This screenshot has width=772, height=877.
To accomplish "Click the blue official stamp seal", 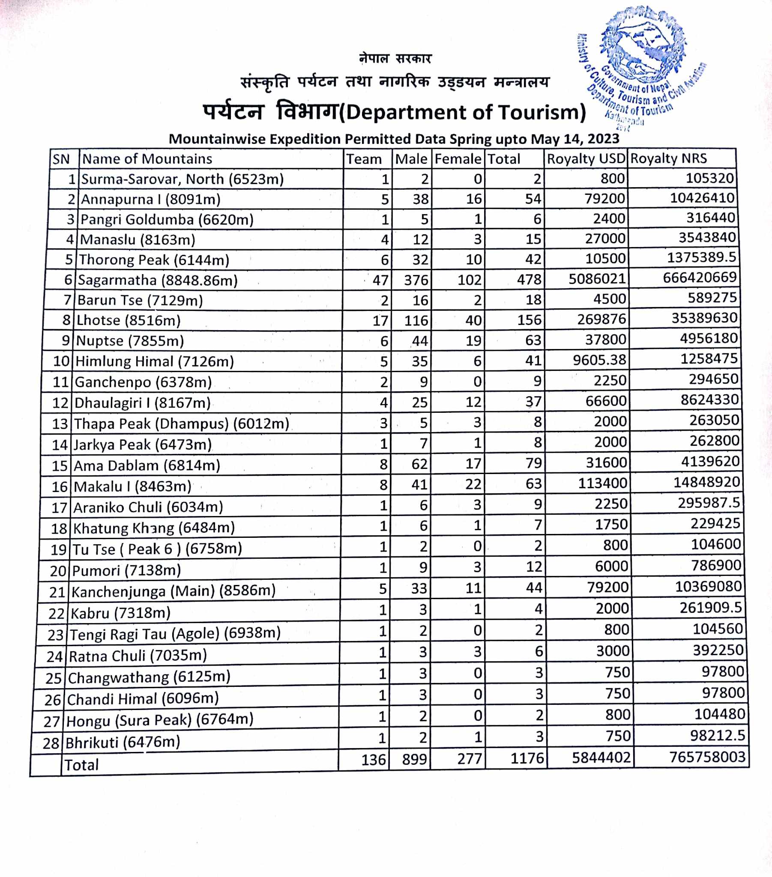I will [x=642, y=64].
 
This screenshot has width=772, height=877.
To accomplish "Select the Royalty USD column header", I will [x=586, y=159].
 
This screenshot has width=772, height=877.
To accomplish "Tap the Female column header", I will [x=458, y=159].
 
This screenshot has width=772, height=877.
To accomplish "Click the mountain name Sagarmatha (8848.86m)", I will [x=158, y=280].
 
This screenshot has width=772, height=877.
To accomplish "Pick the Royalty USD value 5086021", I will [x=597, y=279].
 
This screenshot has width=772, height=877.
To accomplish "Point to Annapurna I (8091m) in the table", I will [x=151, y=199].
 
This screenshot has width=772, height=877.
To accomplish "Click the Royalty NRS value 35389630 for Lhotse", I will [x=704, y=318].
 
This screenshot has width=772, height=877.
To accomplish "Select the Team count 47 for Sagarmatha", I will [x=380, y=280].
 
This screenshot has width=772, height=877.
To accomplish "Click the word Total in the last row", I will [x=81, y=764].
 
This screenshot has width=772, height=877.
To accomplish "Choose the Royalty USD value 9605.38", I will [x=599, y=360].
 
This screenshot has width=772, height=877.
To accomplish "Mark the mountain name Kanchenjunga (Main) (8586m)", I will [x=174, y=591].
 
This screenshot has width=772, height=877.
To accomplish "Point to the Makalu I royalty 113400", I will [x=602, y=483].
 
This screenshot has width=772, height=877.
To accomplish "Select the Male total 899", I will [x=414, y=759].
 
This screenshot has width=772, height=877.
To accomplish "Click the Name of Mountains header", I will [x=147, y=159].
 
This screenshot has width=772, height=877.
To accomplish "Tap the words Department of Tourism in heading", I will [x=465, y=113].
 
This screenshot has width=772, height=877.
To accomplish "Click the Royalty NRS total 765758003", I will [x=707, y=756].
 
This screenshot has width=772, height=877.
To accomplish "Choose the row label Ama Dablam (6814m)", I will [x=147, y=465].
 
